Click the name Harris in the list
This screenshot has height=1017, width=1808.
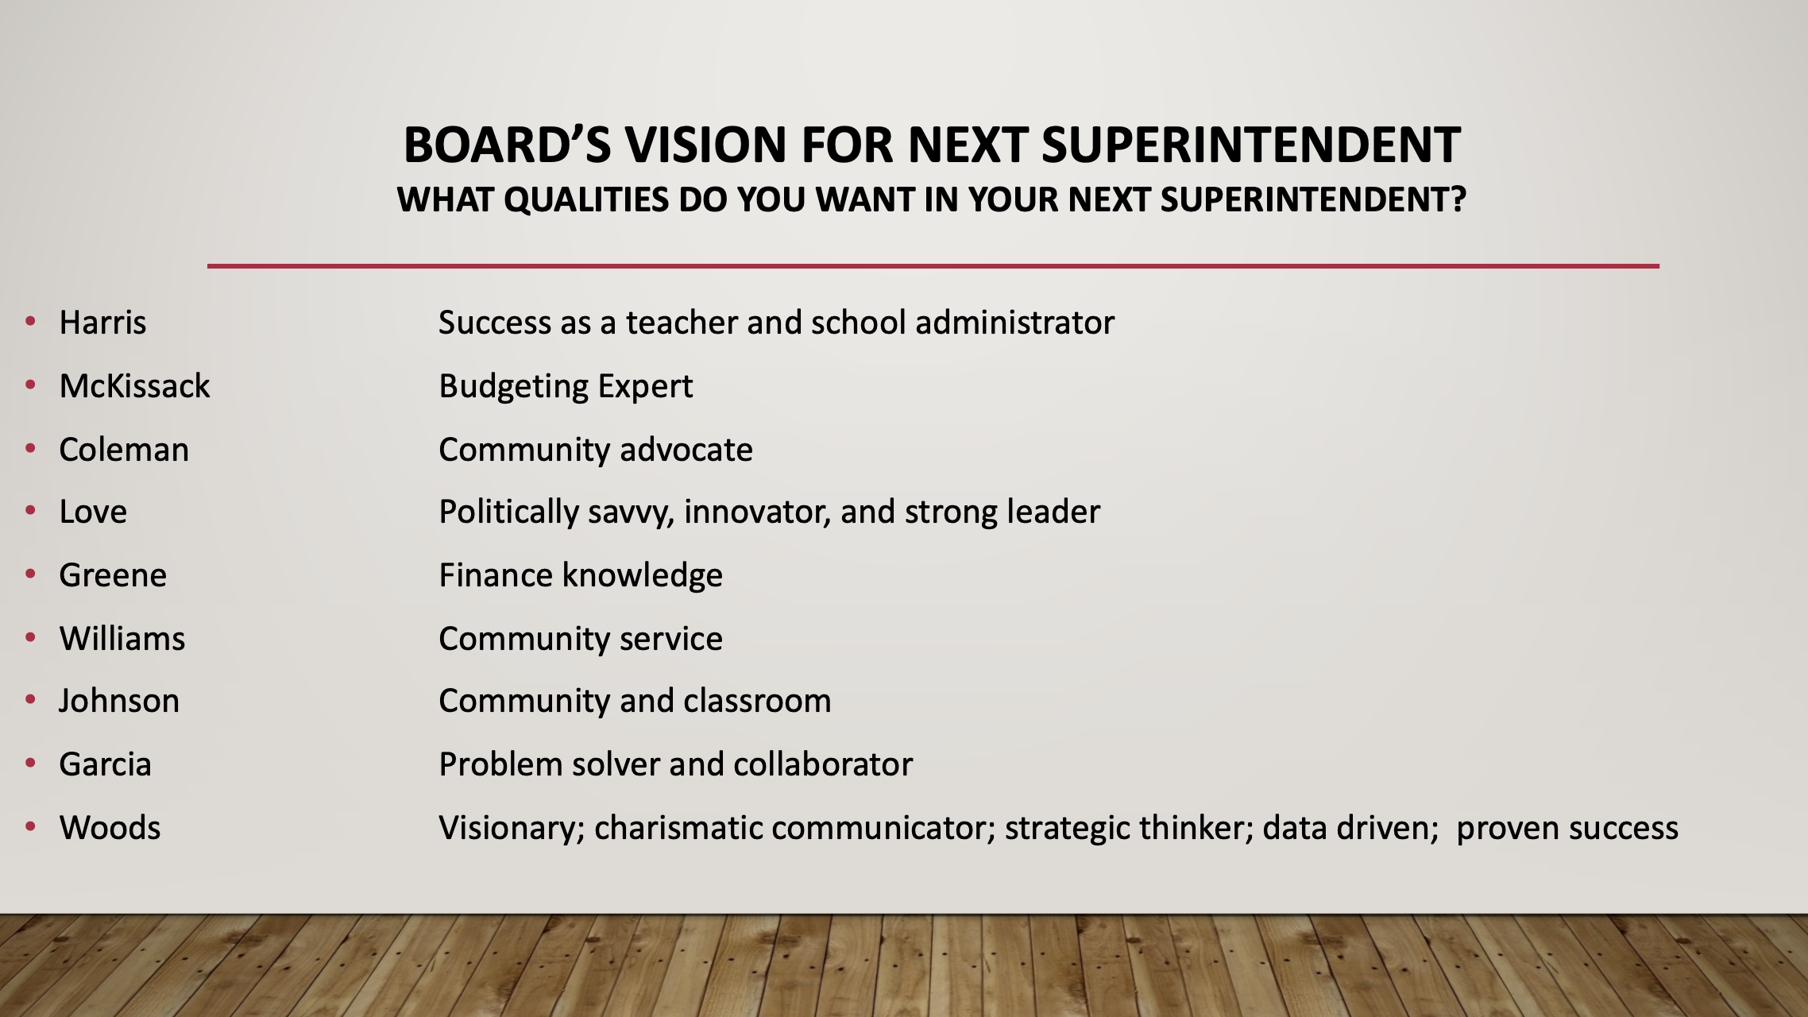pos(103,323)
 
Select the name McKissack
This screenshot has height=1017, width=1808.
pos(135,386)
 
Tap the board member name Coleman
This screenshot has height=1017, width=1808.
pos(124,450)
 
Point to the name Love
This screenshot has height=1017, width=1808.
pos(93,512)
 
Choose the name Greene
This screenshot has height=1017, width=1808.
pos(113,575)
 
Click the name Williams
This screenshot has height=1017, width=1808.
pos(122,639)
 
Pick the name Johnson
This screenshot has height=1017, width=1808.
pos(119,701)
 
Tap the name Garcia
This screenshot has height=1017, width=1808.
pos(106,764)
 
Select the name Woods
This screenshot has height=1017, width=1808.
pos(110,828)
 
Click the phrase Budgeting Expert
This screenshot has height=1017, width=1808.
pos(566,387)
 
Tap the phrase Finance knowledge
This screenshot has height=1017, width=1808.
pos(581,575)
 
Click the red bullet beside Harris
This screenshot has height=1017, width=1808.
pos(31,321)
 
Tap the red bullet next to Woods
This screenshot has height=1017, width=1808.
pos(31,826)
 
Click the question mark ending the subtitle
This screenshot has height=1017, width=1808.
pos(1458,199)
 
